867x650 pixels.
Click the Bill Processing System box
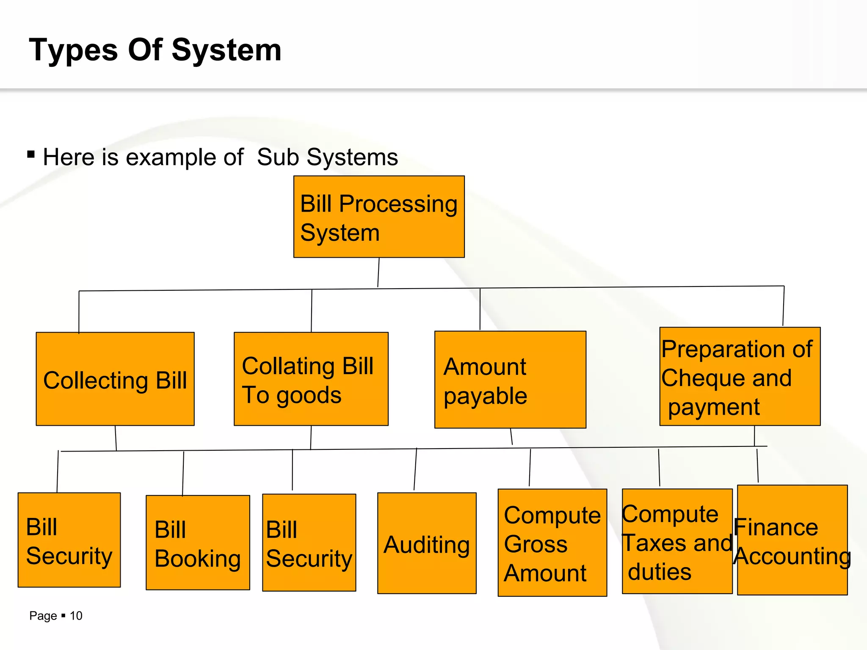pos(379,217)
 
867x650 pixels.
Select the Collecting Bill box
pos(115,379)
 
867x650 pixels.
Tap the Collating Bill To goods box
pos(311,379)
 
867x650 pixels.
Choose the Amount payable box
pos(510,380)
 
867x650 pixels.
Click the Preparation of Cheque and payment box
pos(740,376)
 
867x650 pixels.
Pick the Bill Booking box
pos(198,543)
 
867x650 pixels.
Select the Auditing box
pos(427,543)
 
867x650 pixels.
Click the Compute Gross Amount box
pos(552,543)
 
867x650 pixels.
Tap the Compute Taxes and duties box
pos(677,541)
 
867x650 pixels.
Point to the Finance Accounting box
pos(792,540)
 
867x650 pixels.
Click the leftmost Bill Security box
pos(69,540)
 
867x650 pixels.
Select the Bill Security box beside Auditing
pos(309,543)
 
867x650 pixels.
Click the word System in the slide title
pos(226,50)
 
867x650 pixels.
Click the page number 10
pos(76,616)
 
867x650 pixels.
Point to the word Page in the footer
pos(43,616)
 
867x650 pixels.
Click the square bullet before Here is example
pos(31,154)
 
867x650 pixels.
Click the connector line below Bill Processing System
pos(378,273)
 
